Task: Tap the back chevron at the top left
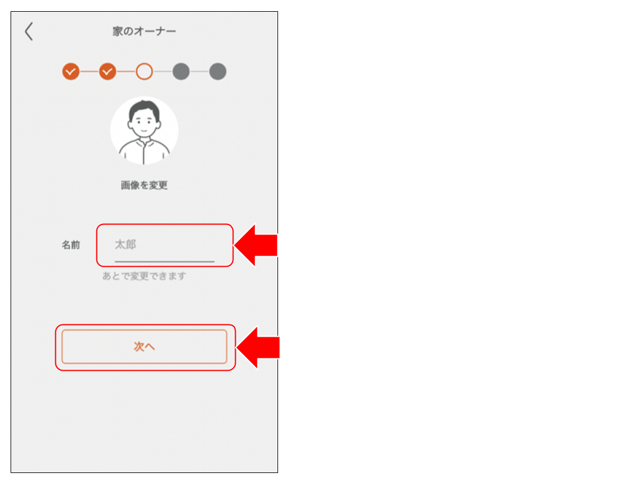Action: tap(29, 32)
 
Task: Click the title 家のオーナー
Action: tap(144, 31)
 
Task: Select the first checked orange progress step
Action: tap(71, 72)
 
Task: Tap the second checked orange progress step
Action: tap(108, 72)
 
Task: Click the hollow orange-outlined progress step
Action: tap(144, 72)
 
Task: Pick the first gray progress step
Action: tap(181, 72)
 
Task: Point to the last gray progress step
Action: tap(218, 72)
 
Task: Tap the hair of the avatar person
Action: tap(145, 108)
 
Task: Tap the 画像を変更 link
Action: tap(144, 185)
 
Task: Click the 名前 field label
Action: tap(71, 245)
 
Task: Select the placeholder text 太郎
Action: tap(125, 244)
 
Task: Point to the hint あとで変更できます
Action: tap(144, 276)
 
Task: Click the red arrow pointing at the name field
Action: tap(258, 245)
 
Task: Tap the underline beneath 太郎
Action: tap(165, 261)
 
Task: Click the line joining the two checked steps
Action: tap(89, 72)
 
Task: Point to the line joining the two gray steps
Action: tap(200, 72)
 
